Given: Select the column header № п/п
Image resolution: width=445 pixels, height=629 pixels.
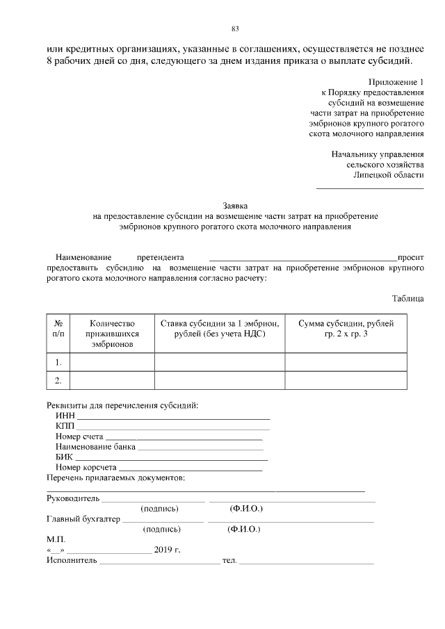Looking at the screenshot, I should click(x=58, y=329).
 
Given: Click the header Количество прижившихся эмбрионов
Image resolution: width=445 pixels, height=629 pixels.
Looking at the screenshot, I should click(x=112, y=334).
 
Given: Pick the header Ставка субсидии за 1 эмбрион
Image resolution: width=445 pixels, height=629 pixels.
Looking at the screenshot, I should click(x=219, y=329).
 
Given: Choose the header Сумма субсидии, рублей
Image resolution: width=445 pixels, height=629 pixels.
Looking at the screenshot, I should click(x=346, y=329).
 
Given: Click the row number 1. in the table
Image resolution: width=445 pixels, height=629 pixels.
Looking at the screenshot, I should click(x=58, y=362).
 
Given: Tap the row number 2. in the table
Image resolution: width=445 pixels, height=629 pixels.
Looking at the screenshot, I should click(x=58, y=380).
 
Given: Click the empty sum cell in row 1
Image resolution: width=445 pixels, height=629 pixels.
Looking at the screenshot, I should click(x=346, y=362).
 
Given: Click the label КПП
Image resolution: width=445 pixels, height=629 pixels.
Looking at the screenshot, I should click(x=65, y=425).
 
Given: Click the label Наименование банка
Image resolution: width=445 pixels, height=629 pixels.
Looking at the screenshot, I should click(x=95, y=447).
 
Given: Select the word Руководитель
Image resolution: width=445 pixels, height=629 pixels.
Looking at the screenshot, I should click(x=73, y=498).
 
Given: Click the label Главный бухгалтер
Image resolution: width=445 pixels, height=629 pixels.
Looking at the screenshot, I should click(x=83, y=518).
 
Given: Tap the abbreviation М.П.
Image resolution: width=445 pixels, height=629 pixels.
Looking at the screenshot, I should click(x=55, y=539).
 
